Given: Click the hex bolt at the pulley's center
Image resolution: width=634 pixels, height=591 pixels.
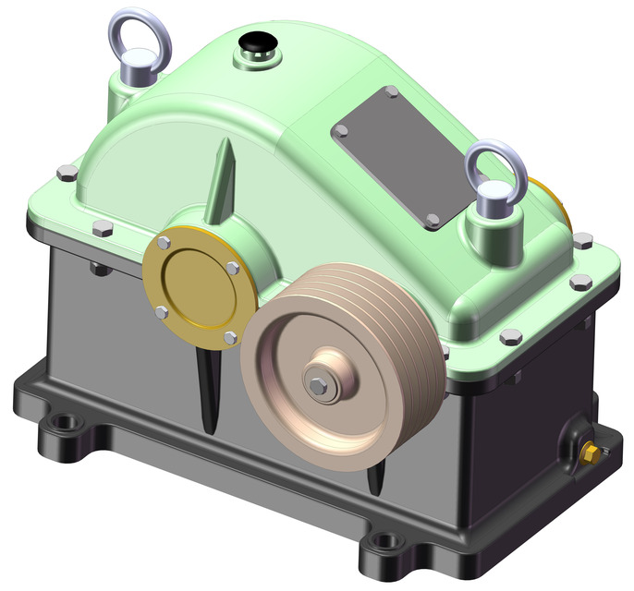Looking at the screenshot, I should tap(316, 387).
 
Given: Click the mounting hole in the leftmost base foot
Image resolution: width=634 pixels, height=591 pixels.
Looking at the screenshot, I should tap(64, 426).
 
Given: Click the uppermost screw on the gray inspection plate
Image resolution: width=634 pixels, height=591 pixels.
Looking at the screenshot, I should tap(391, 92).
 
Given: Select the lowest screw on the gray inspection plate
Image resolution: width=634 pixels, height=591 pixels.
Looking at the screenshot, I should tap(433, 221).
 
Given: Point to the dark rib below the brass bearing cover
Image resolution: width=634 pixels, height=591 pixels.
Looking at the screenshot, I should tap(210, 388).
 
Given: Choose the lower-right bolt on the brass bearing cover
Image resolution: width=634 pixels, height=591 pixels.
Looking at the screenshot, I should tap(228, 338).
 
